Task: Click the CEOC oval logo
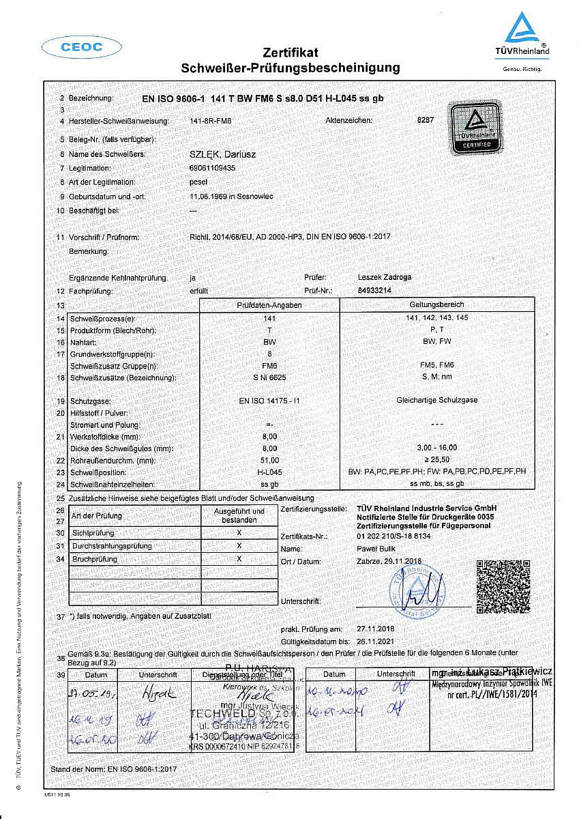(81, 47)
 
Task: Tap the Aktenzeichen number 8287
(425, 120)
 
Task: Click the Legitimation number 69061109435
(212, 168)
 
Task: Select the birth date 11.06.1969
(207, 196)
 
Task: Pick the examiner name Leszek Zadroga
(385, 277)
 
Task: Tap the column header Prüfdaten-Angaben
(269, 305)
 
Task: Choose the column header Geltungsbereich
(436, 304)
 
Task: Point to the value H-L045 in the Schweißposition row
(269, 471)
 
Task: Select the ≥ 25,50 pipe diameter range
(436, 461)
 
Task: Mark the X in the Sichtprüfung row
(239, 532)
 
